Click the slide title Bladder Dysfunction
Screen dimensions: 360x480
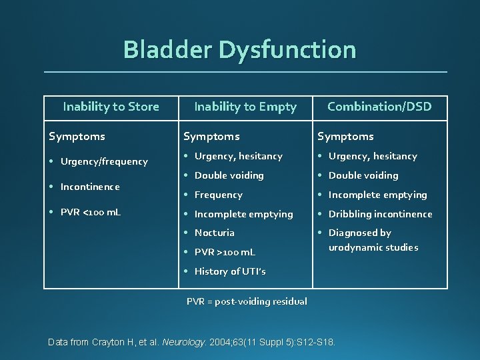pyautogui.click(x=240, y=50)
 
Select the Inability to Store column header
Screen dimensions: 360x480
pyautogui.click(x=111, y=107)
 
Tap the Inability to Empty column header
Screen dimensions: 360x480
pyautogui.click(x=245, y=107)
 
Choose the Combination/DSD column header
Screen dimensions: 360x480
pyautogui.click(x=379, y=107)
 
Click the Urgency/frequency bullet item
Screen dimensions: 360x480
pyautogui.click(x=104, y=161)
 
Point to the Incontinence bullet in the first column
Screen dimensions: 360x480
pyautogui.click(x=90, y=187)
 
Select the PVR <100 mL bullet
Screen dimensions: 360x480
pyautogui.click(x=91, y=213)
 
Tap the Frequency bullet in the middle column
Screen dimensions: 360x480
pyautogui.click(x=218, y=195)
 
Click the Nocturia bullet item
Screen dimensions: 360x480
pyautogui.click(x=214, y=233)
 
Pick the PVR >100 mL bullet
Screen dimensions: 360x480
pyautogui.click(x=225, y=252)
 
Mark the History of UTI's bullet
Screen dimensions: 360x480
pyautogui.click(x=230, y=271)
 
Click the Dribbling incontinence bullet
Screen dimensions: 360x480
pyautogui.click(x=380, y=214)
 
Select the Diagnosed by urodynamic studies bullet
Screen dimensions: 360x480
pyautogui.click(x=373, y=240)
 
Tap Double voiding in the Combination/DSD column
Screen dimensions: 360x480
pyautogui.click(x=363, y=175)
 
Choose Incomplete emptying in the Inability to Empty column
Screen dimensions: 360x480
pyautogui.click(x=243, y=214)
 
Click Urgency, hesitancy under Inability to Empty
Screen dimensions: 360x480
pyautogui.click(x=238, y=156)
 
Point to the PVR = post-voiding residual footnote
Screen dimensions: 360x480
pyautogui.click(x=247, y=301)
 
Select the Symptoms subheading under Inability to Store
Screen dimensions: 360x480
pyautogui.click(x=77, y=136)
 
